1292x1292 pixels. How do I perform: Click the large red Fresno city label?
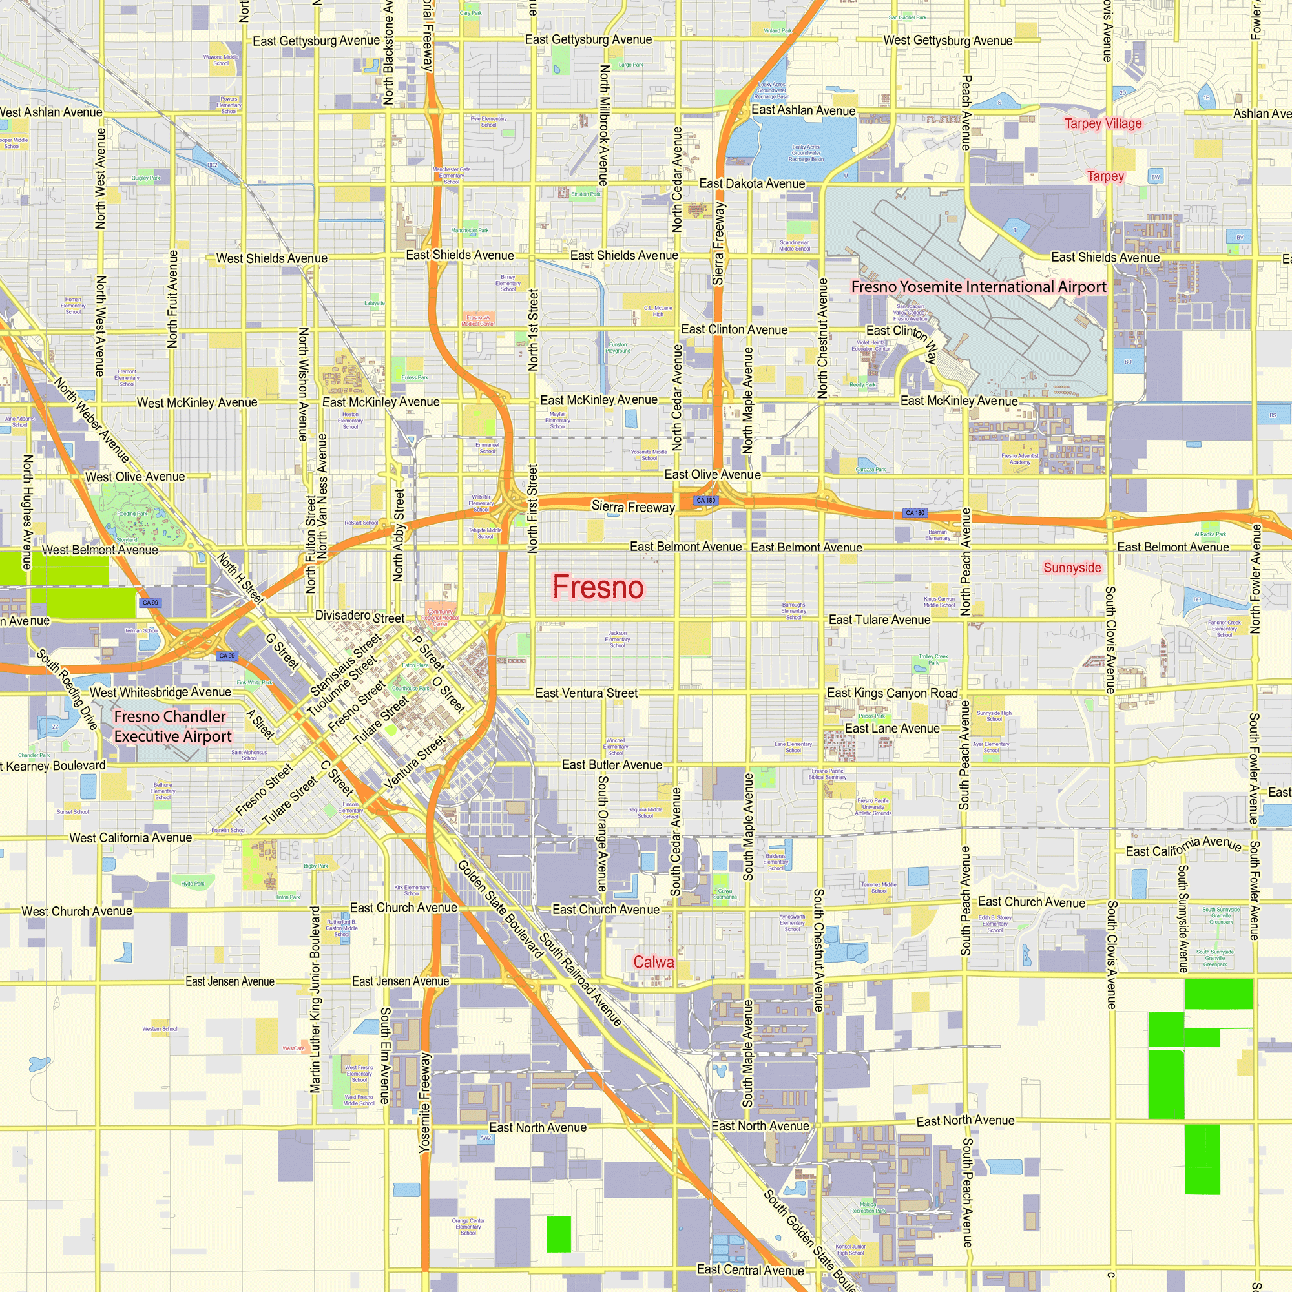(x=598, y=587)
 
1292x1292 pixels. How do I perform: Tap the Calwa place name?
(x=653, y=962)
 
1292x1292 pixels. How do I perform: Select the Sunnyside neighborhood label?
(x=1072, y=568)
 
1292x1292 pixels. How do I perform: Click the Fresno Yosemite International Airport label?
(x=978, y=287)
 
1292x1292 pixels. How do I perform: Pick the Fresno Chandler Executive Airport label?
(x=172, y=726)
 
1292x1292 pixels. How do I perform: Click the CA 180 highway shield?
(x=914, y=513)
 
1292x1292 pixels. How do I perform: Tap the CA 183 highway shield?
(x=705, y=500)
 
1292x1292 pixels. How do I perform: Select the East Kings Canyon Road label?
(x=892, y=693)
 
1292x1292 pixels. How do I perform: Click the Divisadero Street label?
(x=360, y=616)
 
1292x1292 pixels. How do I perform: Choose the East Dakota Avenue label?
(x=752, y=183)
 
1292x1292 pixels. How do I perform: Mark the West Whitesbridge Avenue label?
(x=160, y=692)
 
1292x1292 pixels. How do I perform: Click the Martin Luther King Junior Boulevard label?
(x=315, y=999)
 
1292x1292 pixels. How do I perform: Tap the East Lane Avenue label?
(x=892, y=728)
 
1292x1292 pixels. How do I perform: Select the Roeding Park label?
(x=132, y=514)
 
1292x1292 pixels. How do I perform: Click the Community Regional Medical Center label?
(x=440, y=617)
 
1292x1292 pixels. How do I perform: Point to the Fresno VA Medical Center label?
(x=478, y=320)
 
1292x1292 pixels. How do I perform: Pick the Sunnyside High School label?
(x=994, y=716)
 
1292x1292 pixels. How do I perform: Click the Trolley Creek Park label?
(x=933, y=660)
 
